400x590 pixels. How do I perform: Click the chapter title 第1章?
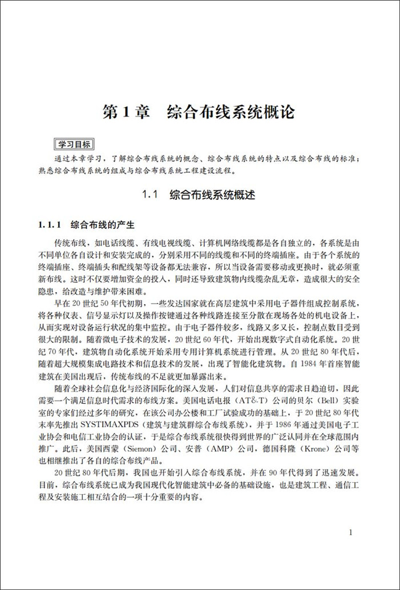click(125, 111)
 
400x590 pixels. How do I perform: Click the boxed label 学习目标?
click(73, 143)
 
